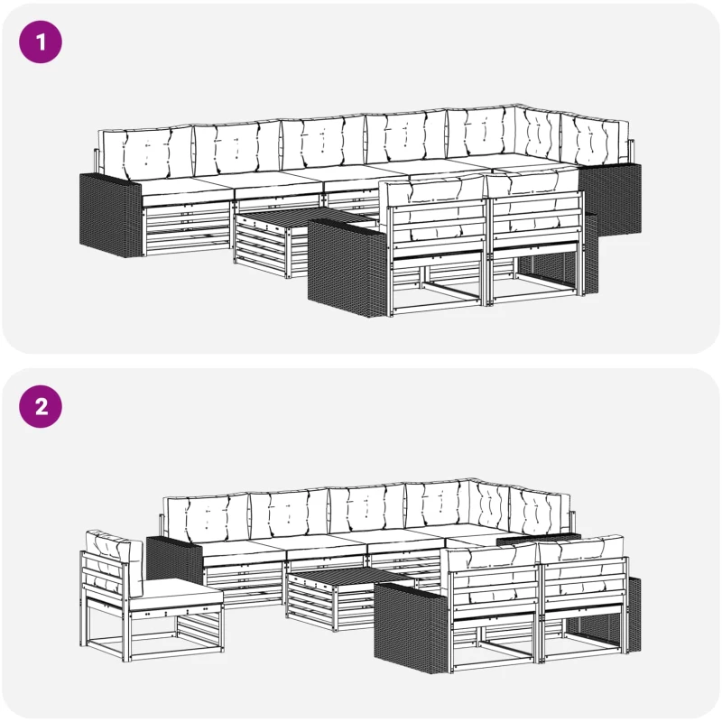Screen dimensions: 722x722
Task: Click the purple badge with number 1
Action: point(41,42)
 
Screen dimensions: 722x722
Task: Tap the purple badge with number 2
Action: point(41,407)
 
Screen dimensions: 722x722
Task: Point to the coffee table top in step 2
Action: point(351,576)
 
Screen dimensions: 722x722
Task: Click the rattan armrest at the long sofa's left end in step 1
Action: point(110,215)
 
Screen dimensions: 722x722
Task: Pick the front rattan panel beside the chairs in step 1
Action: point(347,267)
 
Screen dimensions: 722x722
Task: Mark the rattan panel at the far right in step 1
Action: point(610,197)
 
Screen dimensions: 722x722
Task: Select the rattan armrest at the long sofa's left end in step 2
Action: point(175,560)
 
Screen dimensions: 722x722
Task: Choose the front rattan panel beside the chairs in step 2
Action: point(412,627)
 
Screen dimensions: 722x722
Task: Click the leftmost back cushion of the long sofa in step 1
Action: point(146,153)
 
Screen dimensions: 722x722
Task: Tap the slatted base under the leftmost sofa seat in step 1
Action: point(187,229)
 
